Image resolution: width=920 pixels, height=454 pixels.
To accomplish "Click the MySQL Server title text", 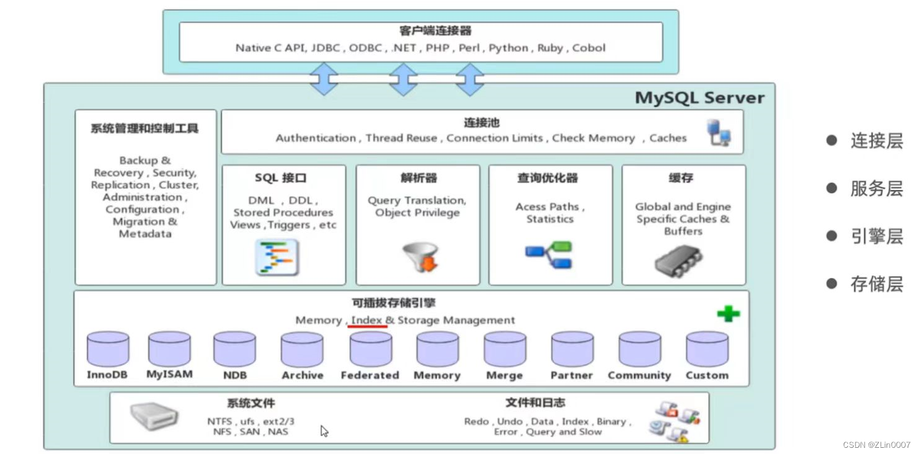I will [x=699, y=98].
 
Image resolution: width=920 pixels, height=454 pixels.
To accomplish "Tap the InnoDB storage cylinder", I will [x=108, y=349].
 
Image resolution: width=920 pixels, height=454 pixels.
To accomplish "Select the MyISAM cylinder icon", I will [x=169, y=349].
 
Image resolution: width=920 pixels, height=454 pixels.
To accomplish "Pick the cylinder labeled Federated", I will [x=370, y=349].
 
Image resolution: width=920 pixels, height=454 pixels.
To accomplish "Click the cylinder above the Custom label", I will [x=707, y=349].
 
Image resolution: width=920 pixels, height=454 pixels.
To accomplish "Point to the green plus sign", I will [x=728, y=314].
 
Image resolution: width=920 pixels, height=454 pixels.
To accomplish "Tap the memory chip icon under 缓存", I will [x=678, y=260].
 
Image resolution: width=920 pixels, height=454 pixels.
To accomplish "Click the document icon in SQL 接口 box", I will [x=277, y=257].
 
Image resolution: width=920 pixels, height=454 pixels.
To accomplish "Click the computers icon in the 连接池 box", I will [x=719, y=133].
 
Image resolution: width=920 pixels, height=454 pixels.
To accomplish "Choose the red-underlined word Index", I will [x=367, y=320].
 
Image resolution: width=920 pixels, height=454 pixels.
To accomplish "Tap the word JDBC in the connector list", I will [x=325, y=48].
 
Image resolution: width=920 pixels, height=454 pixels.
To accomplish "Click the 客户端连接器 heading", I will [x=427, y=31].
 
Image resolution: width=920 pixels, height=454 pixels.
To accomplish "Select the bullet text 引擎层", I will [x=876, y=236].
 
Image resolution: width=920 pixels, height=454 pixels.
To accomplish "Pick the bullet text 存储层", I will [x=876, y=284].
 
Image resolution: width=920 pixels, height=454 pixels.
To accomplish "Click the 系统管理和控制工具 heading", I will [x=144, y=129].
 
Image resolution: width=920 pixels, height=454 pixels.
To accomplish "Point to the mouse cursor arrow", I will [x=324, y=430].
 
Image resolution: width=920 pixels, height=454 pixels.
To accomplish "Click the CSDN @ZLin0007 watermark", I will [x=876, y=445].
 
